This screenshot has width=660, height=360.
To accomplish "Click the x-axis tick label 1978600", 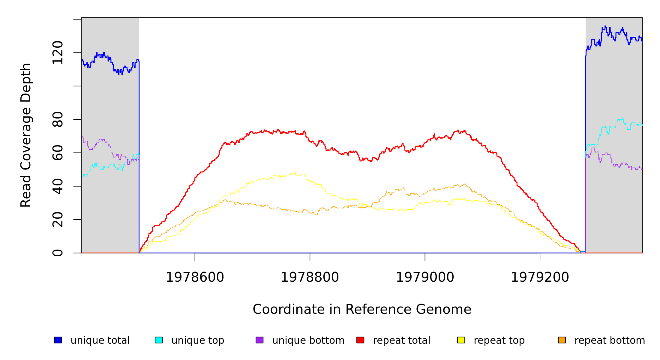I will (195, 277).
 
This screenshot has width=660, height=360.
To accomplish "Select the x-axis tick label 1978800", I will (310, 277).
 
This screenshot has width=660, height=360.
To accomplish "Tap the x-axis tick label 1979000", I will (425, 277).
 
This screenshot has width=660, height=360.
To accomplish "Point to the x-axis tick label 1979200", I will (540, 277).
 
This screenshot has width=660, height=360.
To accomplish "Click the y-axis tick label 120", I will (58, 53).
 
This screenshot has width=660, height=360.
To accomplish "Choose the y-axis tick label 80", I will (58, 119).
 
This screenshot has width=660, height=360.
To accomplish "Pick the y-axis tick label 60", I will (58, 153).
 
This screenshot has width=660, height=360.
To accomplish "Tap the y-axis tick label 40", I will (58, 186).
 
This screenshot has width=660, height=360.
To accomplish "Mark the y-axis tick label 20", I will (58, 220).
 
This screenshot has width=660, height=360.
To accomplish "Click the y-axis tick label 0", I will (58, 253).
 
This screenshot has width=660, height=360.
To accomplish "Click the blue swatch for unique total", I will (58, 340).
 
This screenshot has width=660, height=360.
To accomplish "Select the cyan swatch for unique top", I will (159, 340).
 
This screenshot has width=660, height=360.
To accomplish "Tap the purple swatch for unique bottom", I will (259, 340).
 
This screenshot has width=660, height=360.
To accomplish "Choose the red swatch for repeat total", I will (360, 340).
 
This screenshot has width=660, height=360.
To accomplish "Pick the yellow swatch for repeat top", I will (461, 340).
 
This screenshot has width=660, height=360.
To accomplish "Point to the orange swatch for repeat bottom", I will (562, 340).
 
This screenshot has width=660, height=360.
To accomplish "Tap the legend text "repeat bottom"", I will (610, 340).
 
